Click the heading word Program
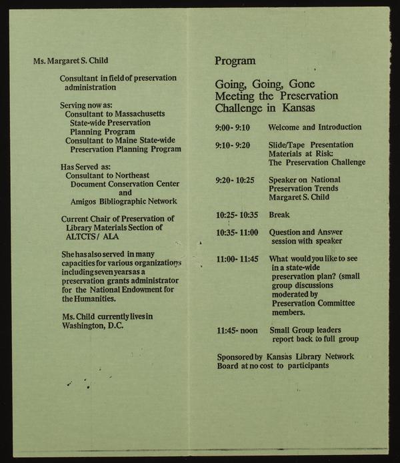[x=235, y=61]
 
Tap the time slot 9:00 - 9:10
[x=232, y=127]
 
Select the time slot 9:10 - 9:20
[x=232, y=145]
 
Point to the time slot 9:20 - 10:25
[x=235, y=180]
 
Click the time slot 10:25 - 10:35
[x=237, y=215]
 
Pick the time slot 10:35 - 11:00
[x=237, y=233]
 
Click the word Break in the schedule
[x=279, y=215]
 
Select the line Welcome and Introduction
[x=315, y=127]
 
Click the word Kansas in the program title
[x=297, y=108]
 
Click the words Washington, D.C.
[x=92, y=326]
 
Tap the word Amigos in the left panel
[x=85, y=201]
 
